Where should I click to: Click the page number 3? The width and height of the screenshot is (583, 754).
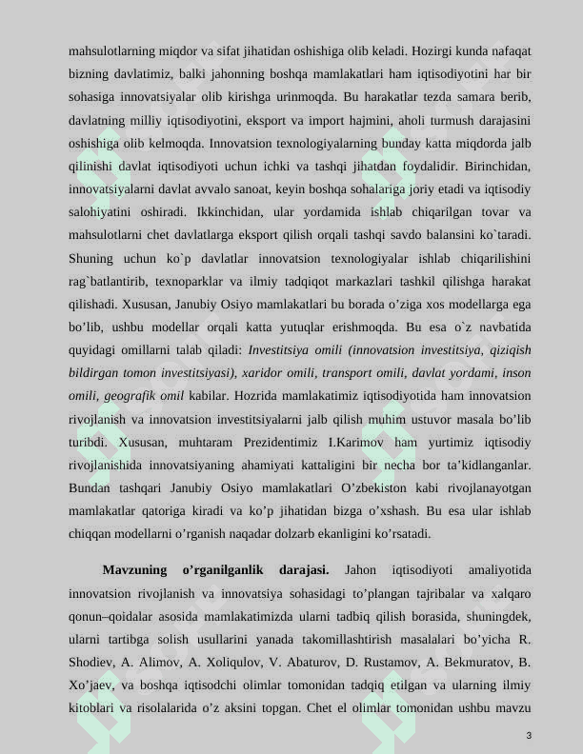[528, 736]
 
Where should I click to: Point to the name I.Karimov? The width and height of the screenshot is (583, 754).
[355, 442]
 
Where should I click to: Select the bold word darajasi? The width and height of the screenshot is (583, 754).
[304, 570]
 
